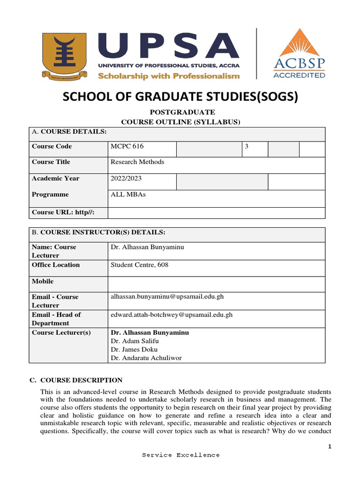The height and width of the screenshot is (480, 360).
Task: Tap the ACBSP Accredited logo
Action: pos(299,53)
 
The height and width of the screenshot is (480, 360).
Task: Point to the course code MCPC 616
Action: pos(127,146)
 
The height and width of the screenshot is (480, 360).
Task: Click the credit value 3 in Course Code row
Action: pos(247,146)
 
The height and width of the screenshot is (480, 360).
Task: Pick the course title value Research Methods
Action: pos(137,162)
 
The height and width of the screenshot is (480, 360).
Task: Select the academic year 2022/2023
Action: pos(126,178)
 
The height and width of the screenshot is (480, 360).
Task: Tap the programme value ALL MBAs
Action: pos(128,194)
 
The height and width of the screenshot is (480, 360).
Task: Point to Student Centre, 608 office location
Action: pos(139,265)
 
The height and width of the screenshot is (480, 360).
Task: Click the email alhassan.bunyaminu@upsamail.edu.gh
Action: pos(171,297)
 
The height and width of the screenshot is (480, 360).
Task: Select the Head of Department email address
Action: pos(171,315)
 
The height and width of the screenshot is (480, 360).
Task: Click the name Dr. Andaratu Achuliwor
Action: pos(146,358)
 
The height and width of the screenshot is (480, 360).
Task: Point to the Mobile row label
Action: pos(43,281)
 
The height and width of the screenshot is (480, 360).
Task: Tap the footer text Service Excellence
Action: pos(180,455)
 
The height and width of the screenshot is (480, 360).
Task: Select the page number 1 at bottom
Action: pos(330,447)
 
